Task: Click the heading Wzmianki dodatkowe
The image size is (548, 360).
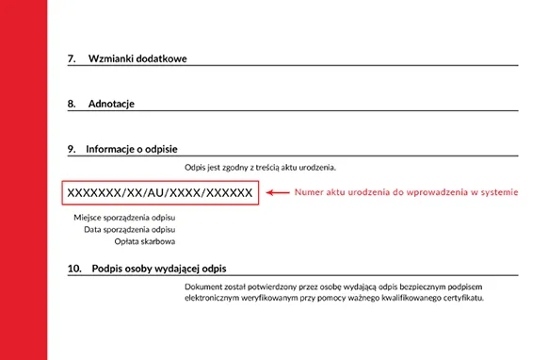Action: point(137,58)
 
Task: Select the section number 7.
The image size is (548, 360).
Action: point(72,58)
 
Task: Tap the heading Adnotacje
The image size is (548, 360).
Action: point(113,104)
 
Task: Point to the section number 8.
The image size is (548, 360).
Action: point(72,104)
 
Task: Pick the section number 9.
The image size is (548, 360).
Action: point(72,149)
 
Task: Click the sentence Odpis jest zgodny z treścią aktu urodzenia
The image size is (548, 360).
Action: point(261,168)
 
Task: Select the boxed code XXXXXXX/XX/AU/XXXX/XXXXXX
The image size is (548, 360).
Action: point(160,193)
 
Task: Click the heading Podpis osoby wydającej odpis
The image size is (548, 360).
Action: point(160,269)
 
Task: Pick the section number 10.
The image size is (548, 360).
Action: point(74,269)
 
